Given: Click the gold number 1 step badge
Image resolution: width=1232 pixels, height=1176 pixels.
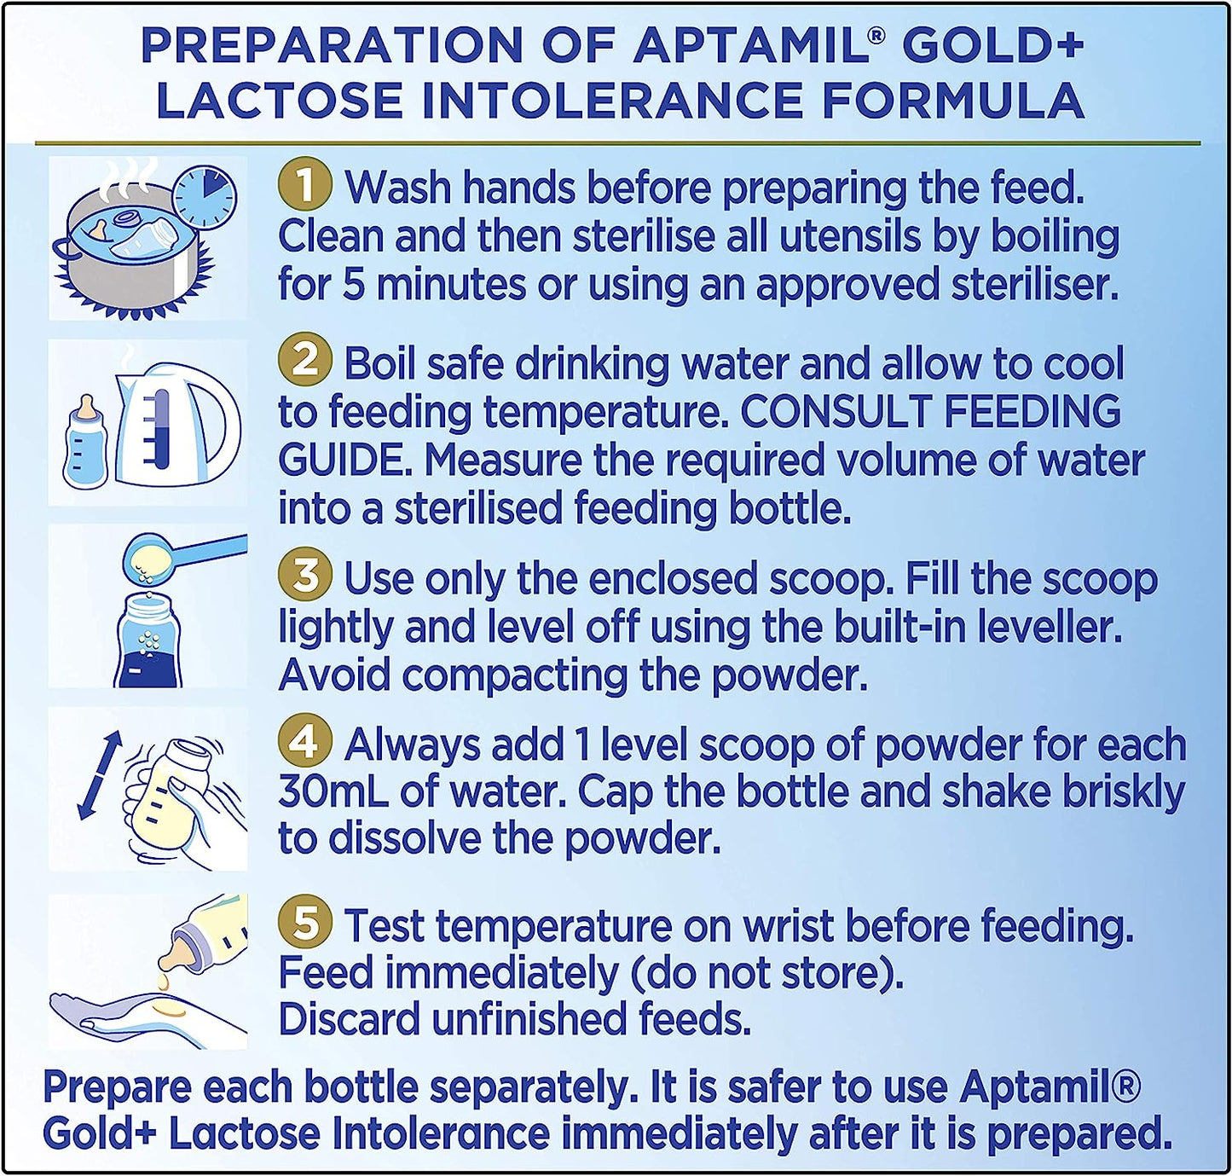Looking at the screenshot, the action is tap(304, 186).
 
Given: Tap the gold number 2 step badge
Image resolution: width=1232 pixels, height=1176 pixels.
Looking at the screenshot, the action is tap(304, 364).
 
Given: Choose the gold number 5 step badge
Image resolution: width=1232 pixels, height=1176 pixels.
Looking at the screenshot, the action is tap(304, 924).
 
